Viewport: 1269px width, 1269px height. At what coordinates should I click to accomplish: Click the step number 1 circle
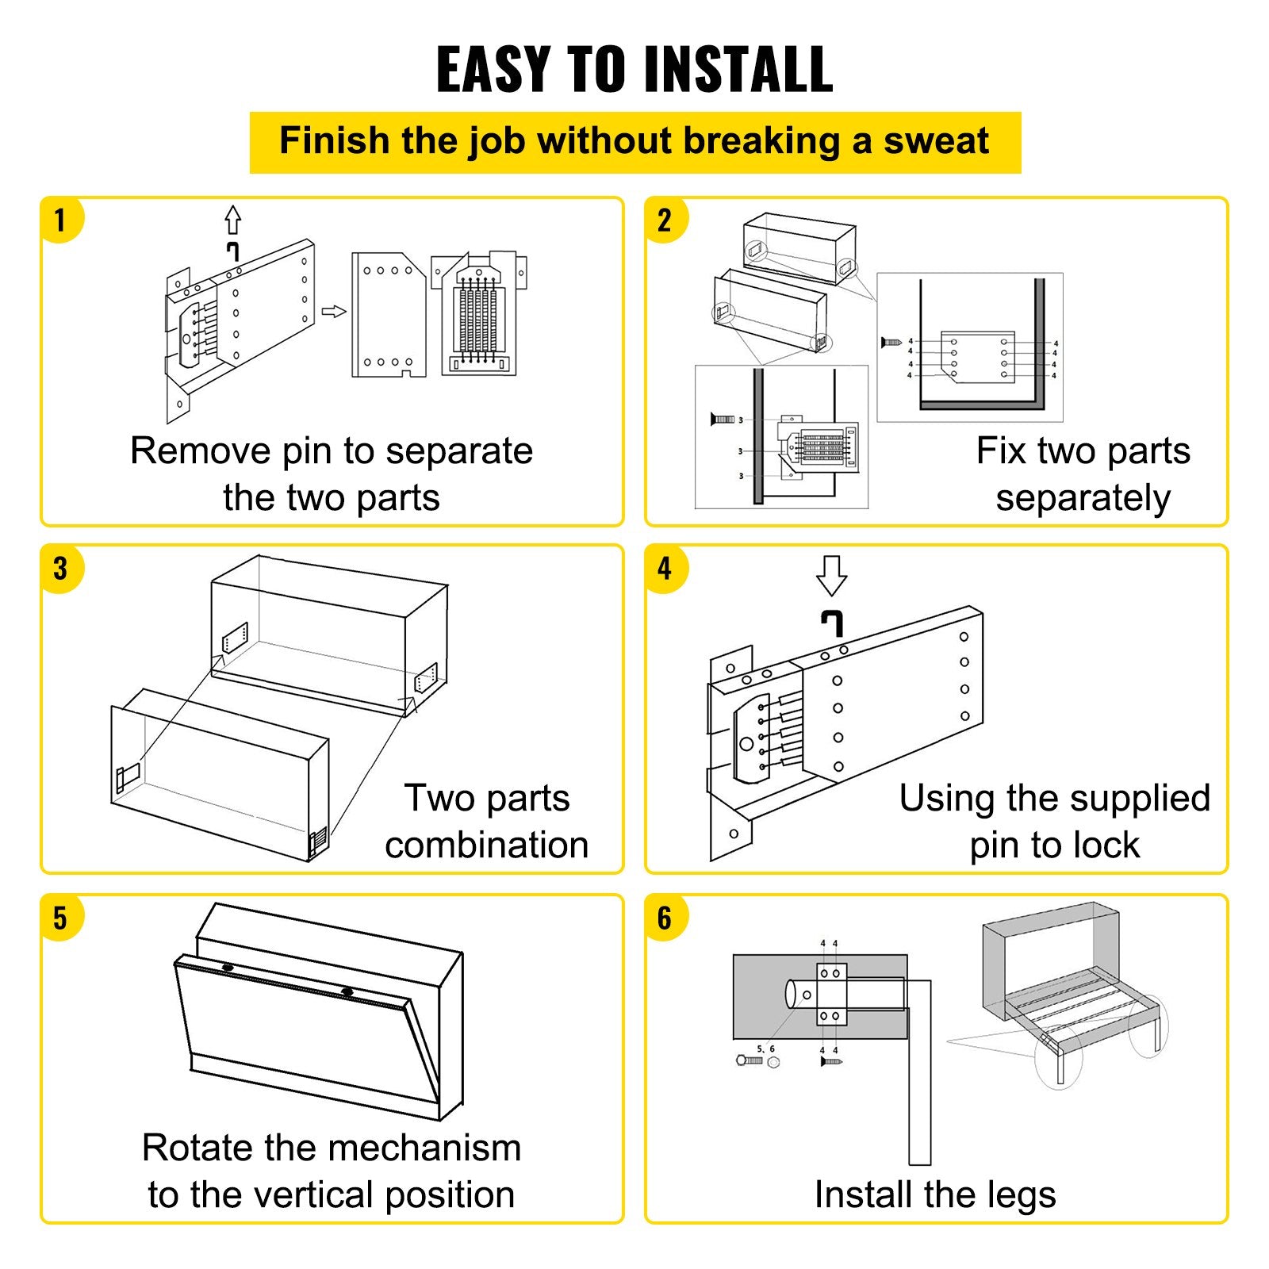click(60, 220)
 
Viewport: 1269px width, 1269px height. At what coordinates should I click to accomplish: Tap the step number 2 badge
click(665, 220)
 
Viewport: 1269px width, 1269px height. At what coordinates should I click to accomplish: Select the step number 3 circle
click(60, 568)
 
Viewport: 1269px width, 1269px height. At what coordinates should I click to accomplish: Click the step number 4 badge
click(665, 568)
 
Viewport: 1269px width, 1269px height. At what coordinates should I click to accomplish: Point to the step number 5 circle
click(60, 918)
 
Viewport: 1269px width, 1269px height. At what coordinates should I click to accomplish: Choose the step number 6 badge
click(665, 918)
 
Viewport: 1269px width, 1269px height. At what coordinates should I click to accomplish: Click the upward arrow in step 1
click(232, 220)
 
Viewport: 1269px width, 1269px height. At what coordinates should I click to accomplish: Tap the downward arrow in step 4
click(831, 575)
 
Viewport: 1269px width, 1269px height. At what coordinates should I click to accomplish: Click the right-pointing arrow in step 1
click(334, 312)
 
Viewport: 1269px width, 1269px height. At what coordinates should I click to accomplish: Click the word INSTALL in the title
click(738, 70)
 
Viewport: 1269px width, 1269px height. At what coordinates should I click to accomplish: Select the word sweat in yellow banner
click(936, 142)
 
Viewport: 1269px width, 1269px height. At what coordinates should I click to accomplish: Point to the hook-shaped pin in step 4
click(831, 623)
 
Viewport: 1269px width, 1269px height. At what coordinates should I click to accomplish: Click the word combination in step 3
click(486, 845)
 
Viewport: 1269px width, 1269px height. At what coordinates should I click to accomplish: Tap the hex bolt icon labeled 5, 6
click(750, 1060)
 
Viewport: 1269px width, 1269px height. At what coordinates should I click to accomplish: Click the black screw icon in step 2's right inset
click(891, 342)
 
